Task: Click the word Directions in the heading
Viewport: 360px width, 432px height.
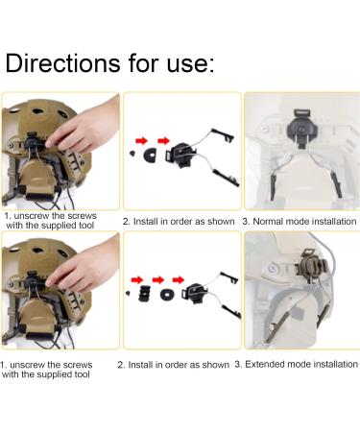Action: [x=62, y=62]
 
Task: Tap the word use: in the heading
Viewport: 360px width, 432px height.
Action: [x=190, y=63]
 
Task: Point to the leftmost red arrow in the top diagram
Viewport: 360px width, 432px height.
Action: [x=141, y=140]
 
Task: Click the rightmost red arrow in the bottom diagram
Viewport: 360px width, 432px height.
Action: [x=179, y=280]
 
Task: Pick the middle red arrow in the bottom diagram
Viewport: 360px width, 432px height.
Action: [x=158, y=280]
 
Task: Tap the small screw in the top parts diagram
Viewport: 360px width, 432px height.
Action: [x=132, y=154]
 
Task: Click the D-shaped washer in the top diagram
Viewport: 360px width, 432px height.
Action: [x=150, y=156]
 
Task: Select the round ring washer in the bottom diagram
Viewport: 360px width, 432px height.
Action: [x=167, y=294]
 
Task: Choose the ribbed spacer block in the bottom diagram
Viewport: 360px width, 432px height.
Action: [x=145, y=294]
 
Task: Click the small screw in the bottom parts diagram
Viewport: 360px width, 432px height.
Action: [x=129, y=293]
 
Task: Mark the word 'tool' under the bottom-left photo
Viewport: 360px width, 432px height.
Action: [x=82, y=374]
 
